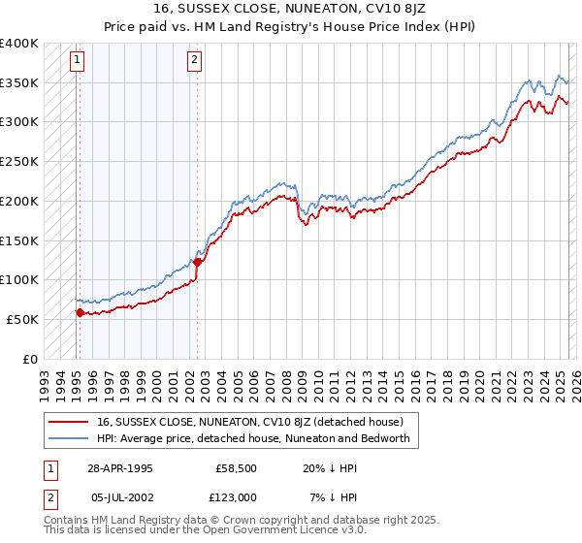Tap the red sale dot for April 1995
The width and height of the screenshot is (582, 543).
point(80,312)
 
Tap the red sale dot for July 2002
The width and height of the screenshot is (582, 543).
point(197,261)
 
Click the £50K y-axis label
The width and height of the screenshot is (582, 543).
point(22,319)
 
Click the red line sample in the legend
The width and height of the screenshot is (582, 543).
point(68,421)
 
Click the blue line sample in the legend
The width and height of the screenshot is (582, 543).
point(68,438)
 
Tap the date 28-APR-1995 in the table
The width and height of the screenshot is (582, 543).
point(120,466)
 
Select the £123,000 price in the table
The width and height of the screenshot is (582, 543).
point(235,497)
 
